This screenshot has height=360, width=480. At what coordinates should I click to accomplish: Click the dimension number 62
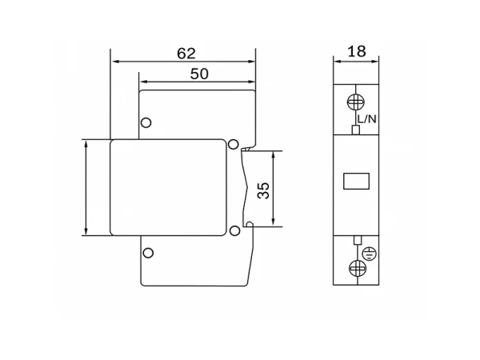tap(186, 54)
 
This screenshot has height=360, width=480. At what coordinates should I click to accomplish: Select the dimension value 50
tap(199, 74)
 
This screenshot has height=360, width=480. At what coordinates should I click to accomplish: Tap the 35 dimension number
tap(263, 190)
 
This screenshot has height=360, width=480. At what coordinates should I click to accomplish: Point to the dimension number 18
tap(357, 51)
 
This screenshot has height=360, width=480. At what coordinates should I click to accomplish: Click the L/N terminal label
tap(366, 118)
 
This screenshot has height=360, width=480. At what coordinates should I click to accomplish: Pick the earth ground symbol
tap(369, 254)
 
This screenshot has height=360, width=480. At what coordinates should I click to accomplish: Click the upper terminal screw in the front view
tap(356, 102)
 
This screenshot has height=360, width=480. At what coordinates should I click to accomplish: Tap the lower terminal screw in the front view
tap(358, 268)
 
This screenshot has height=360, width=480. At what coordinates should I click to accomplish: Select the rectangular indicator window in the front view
tap(356, 182)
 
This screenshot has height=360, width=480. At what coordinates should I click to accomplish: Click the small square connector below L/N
tap(355, 130)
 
